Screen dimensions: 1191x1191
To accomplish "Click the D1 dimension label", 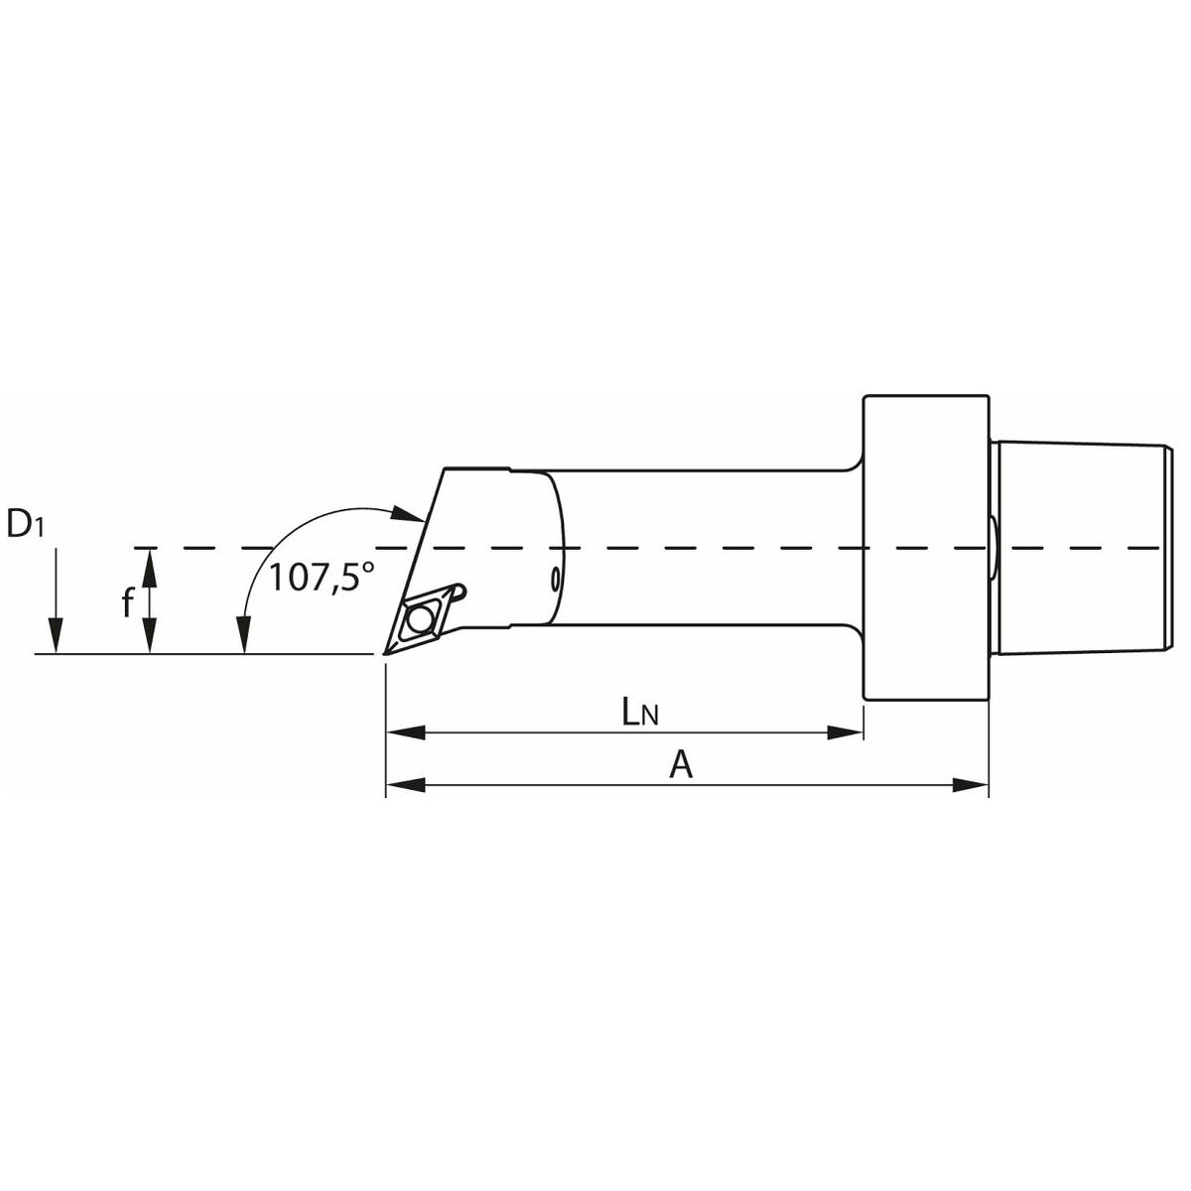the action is (x=25, y=525).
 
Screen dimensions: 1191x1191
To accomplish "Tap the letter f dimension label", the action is (x=127, y=602).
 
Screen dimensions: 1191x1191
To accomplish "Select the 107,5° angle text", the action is (x=322, y=579).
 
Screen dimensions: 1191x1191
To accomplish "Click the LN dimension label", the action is (x=640, y=714).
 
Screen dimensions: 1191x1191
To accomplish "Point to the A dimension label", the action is (x=681, y=766).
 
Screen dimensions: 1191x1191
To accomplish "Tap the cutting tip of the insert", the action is (x=384, y=653).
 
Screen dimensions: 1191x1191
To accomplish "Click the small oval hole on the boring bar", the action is (x=555, y=579).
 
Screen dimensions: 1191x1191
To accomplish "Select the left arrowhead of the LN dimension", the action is (x=406, y=733).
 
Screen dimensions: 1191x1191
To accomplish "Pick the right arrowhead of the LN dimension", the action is (x=845, y=733).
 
